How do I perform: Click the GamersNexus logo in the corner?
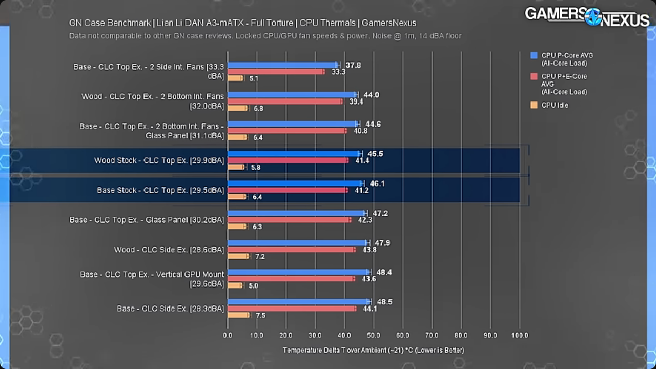tap(587, 17)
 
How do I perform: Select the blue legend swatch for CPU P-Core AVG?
tap(534, 56)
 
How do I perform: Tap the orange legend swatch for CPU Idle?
tap(534, 105)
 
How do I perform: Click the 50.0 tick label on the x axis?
tap(374, 335)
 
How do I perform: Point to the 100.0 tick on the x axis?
tap(519, 335)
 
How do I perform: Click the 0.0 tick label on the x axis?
tap(228, 335)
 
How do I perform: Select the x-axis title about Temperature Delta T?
tap(373, 350)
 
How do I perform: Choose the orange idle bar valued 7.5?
tap(238, 315)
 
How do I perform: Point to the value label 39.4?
tap(356, 101)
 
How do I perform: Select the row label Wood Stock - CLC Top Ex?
tap(159, 160)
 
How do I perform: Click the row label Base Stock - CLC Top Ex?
tap(160, 190)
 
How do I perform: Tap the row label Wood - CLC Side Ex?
tap(169, 250)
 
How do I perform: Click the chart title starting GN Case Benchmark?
tap(242, 23)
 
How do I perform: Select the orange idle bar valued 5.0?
tap(235, 285)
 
